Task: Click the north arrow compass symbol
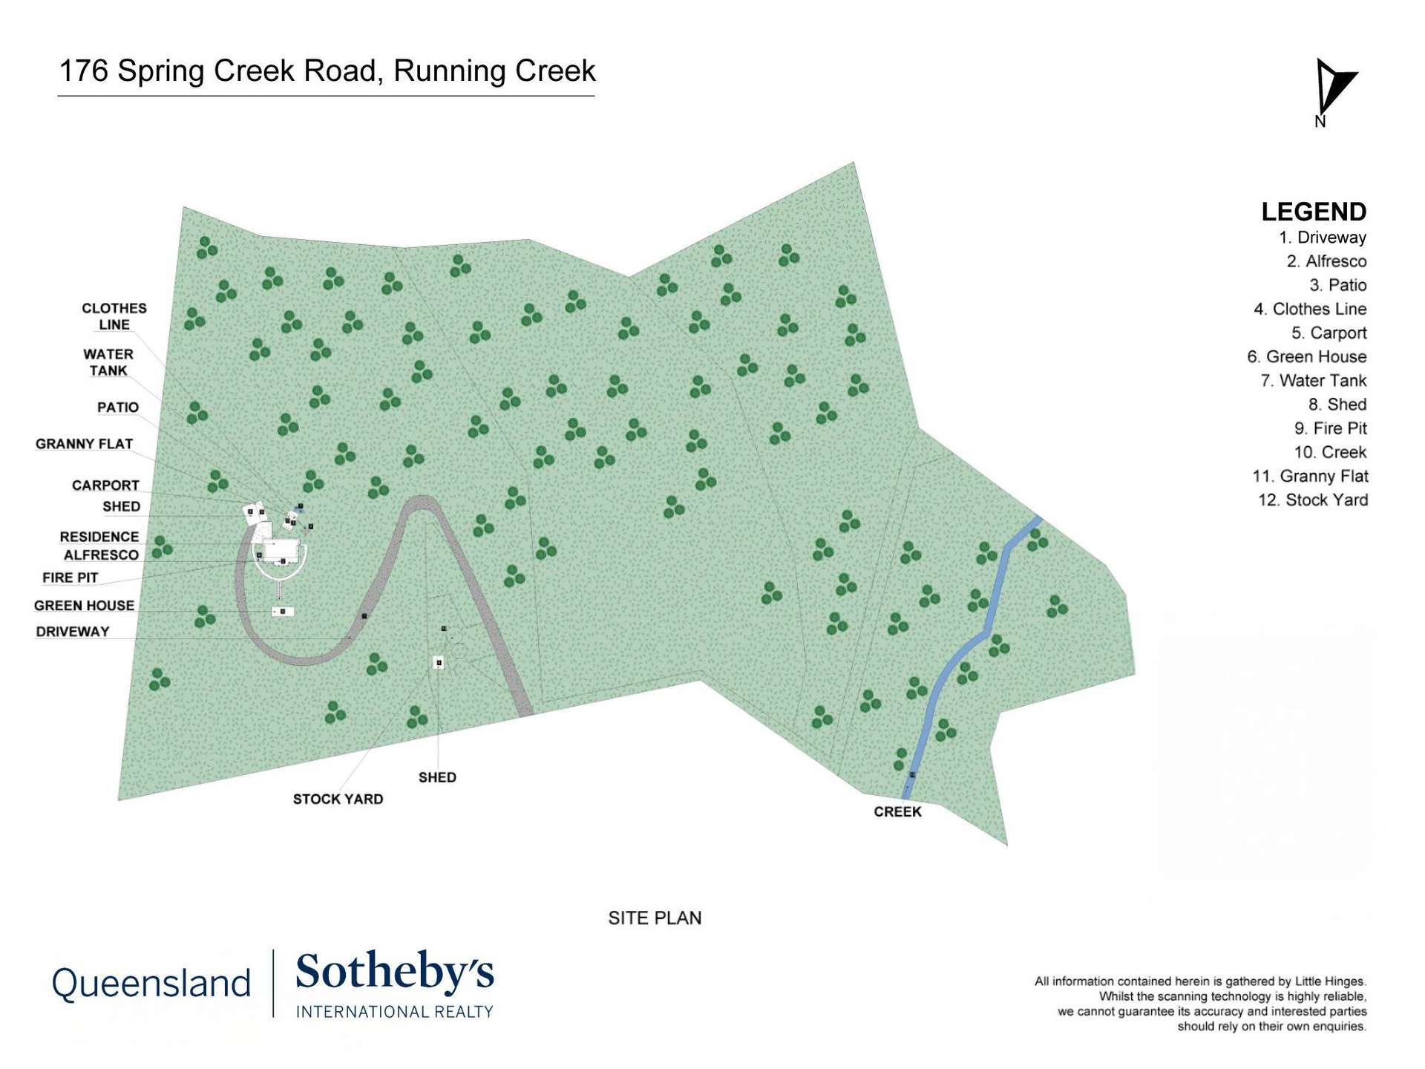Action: tap(1334, 88)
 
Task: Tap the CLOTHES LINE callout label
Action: tap(114, 316)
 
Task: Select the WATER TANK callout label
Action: tap(108, 362)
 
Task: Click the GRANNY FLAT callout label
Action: tap(84, 444)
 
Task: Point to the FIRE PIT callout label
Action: tap(71, 578)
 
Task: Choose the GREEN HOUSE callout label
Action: tap(84, 606)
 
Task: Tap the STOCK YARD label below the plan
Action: tap(338, 800)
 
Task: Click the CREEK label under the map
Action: tap(897, 811)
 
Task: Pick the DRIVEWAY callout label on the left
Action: tap(73, 632)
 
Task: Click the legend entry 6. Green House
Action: tap(1306, 357)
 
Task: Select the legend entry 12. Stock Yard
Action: tap(1312, 500)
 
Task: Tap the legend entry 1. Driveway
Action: tap(1322, 238)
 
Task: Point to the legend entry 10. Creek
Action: tap(1330, 452)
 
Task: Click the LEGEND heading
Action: tap(1313, 212)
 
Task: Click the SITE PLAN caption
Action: tap(655, 918)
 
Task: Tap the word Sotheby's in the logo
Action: tap(394, 973)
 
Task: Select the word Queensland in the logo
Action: tap(151, 984)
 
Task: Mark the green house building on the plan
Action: tap(282, 611)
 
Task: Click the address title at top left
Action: tap(327, 71)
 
